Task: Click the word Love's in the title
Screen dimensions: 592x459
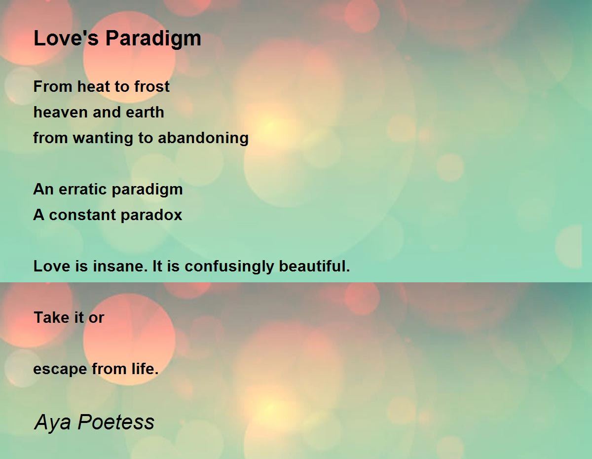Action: pyautogui.click(x=66, y=38)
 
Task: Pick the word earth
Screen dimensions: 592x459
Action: pyautogui.click(x=145, y=112)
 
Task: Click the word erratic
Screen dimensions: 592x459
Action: pyautogui.click(x=82, y=189)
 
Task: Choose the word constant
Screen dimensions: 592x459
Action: pyautogui.click(x=82, y=215)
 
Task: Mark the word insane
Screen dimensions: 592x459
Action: pyautogui.click(x=120, y=267)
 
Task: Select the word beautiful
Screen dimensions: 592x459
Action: pyautogui.click(x=314, y=267)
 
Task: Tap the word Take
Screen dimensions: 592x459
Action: pyautogui.click(x=51, y=317)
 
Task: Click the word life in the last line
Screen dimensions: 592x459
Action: pyautogui.click(x=145, y=369)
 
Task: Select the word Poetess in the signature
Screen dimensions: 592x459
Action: pyautogui.click(x=116, y=422)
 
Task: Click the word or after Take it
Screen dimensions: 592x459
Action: pyautogui.click(x=96, y=319)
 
